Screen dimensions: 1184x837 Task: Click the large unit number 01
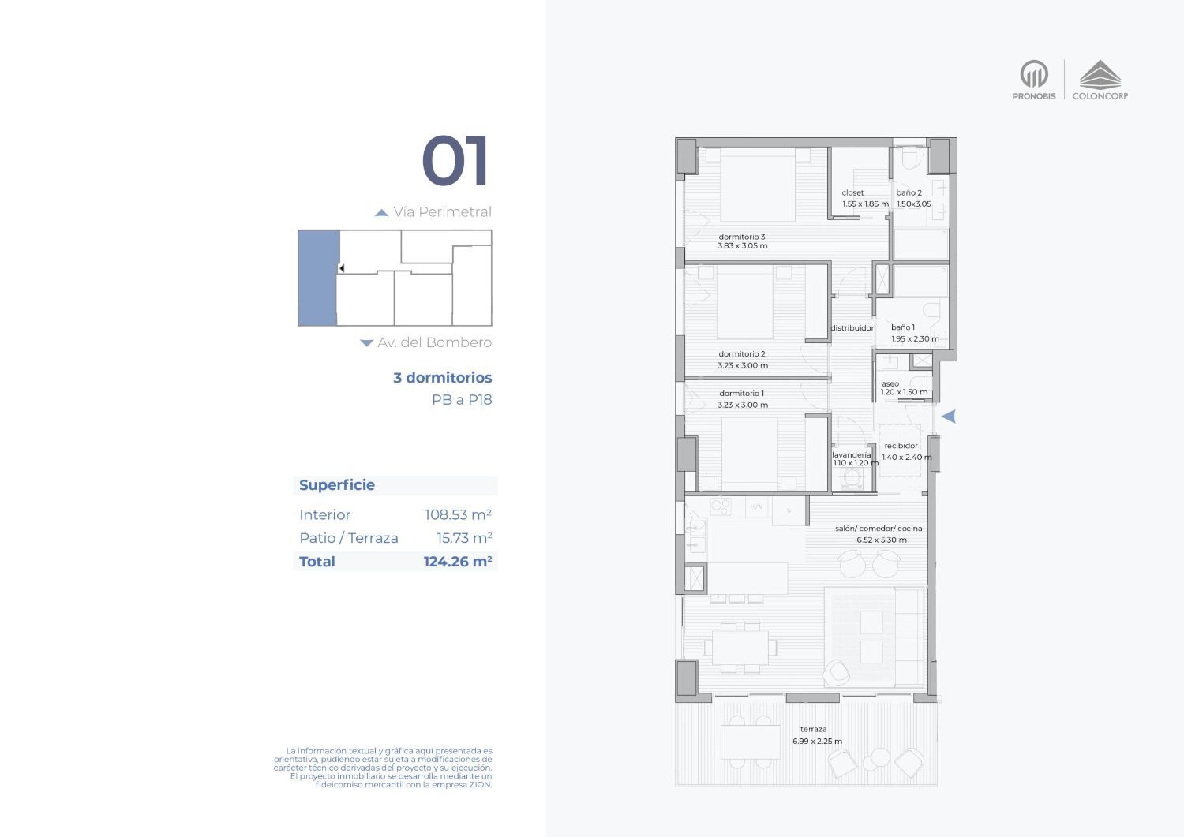(455, 160)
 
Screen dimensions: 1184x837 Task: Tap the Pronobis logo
(1034, 80)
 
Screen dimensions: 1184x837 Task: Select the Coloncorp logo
(1100, 80)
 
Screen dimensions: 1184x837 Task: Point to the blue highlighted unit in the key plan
(317, 278)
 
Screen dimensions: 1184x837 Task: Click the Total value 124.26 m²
(458, 561)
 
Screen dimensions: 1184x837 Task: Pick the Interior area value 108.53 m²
(458, 514)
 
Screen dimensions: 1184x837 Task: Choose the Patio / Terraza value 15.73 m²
(464, 538)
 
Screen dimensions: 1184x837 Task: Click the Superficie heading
(337, 485)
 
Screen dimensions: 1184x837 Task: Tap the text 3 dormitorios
(442, 377)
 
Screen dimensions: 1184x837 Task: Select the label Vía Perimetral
(442, 212)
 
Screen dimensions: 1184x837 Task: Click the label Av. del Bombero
(434, 342)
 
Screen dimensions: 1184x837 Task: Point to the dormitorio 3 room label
(742, 237)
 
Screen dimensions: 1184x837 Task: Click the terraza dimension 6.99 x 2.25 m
(817, 742)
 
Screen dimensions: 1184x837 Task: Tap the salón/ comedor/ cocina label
(879, 529)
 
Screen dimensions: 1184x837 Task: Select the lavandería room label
(852, 454)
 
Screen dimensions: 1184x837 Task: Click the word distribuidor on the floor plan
(852, 328)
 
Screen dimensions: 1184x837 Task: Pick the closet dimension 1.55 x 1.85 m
(865, 204)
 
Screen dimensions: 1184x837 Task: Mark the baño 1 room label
(903, 327)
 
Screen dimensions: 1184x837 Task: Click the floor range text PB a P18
(462, 400)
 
